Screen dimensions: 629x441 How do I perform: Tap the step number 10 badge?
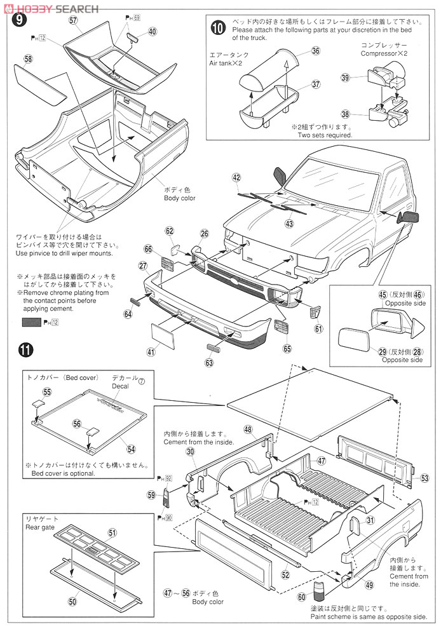tap(218, 27)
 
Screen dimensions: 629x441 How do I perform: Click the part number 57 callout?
tap(73, 20)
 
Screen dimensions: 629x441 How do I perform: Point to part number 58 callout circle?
tap(28, 59)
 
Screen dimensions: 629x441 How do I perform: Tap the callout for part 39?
tap(345, 78)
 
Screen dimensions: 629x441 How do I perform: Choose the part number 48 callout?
tap(248, 429)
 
